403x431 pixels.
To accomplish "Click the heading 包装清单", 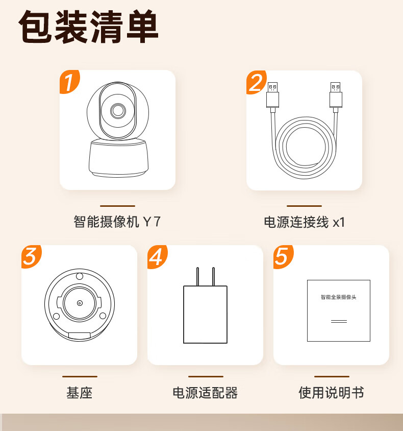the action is (x=88, y=27).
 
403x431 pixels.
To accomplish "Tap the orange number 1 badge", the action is (x=69, y=82).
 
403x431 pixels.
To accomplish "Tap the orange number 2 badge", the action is (x=256, y=82).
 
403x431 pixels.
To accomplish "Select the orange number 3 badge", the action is (x=31, y=257).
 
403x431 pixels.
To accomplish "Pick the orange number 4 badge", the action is (x=157, y=257).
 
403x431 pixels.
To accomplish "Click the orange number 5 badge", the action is (x=283, y=257).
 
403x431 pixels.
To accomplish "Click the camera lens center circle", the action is (x=118, y=111).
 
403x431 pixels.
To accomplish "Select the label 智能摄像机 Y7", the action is (x=117, y=222).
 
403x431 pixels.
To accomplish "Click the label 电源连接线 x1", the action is (x=304, y=222).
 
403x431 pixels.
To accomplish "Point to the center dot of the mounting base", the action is (x=80, y=303).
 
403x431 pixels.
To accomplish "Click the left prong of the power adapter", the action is (x=197, y=276).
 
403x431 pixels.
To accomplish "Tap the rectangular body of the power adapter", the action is (x=206, y=315).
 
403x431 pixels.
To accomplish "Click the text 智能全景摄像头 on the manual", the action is (x=339, y=297).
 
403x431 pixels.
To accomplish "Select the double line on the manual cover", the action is (x=339, y=321).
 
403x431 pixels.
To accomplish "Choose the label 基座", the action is (x=80, y=393).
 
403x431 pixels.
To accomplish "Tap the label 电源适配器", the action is (x=206, y=393).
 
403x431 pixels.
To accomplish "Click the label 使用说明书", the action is (x=332, y=393).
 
